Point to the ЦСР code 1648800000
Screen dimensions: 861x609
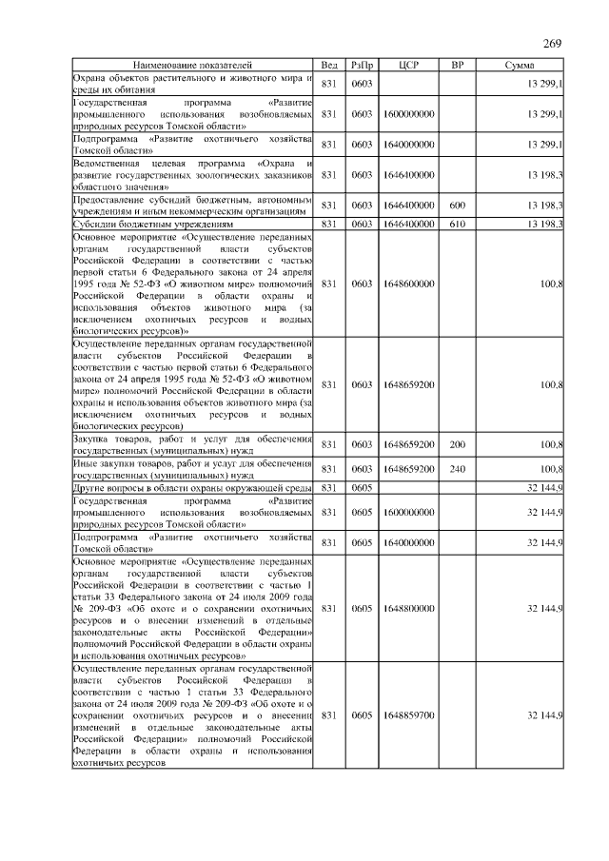410,607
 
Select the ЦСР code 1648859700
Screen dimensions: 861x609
410,714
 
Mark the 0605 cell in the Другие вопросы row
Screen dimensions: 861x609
362,487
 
